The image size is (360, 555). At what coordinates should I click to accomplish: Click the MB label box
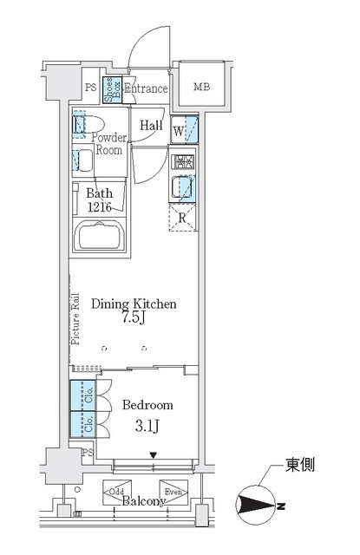tap(200, 87)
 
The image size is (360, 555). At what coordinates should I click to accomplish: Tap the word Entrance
tap(145, 88)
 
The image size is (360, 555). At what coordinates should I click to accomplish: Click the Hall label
tap(151, 125)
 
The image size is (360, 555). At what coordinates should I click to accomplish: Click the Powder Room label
tap(110, 143)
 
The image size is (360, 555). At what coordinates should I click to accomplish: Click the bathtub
tap(100, 237)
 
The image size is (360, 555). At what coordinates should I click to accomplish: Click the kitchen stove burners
tap(184, 161)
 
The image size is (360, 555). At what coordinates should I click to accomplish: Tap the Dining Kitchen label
tap(135, 304)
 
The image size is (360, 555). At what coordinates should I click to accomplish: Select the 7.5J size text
tap(135, 319)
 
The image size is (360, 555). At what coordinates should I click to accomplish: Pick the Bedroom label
tap(147, 405)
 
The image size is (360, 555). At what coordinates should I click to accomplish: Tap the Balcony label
tap(142, 501)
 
